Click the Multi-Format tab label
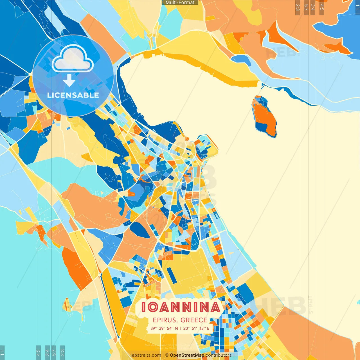[180, 3]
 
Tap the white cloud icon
[73, 59]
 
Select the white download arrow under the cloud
[69, 80]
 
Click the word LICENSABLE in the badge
[73, 95]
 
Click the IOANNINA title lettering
[180, 307]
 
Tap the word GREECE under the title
[194, 320]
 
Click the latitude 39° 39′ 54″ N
[164, 328]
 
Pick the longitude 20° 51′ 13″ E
[196, 328]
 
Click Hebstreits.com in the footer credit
[145, 355]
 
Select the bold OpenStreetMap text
[187, 355]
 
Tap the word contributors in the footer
[219, 355]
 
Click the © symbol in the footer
[167, 355]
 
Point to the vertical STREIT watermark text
[310, 305]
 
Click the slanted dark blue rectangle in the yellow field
[172, 275]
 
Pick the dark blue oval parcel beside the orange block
[140, 230]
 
